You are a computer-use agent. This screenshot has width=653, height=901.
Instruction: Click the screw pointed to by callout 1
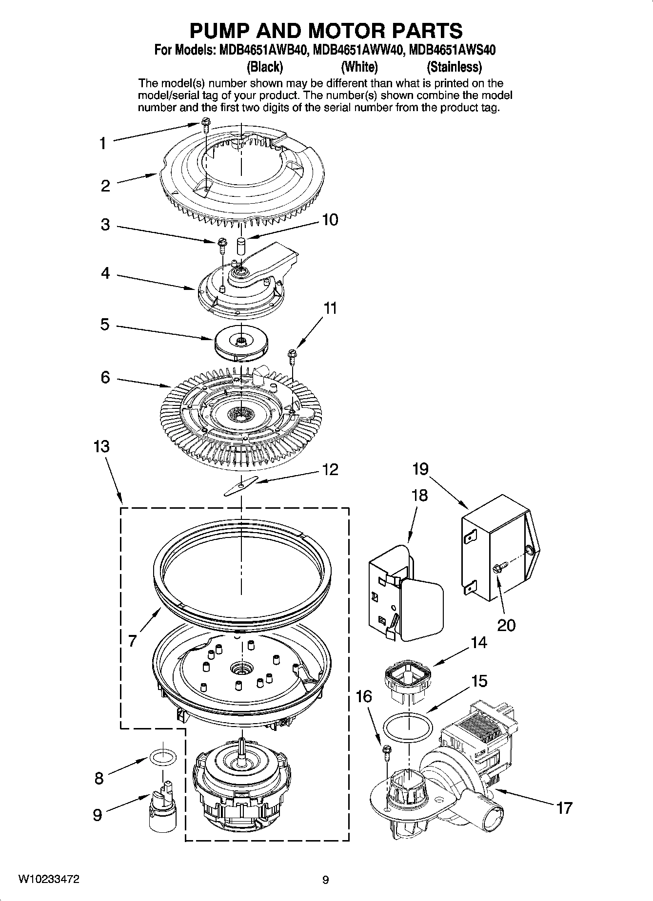205,124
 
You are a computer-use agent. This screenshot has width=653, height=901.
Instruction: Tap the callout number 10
330,220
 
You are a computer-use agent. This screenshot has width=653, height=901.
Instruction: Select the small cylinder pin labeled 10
240,245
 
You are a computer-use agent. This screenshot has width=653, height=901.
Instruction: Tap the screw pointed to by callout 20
499,567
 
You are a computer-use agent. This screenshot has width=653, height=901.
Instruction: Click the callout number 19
420,469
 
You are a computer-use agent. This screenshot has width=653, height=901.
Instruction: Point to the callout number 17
564,808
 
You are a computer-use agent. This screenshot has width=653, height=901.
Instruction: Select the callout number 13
101,446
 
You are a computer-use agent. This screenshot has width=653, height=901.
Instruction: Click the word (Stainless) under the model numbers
454,66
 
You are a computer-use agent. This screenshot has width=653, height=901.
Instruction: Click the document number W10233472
49,880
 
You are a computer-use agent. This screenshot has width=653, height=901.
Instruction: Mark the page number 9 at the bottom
326,880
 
